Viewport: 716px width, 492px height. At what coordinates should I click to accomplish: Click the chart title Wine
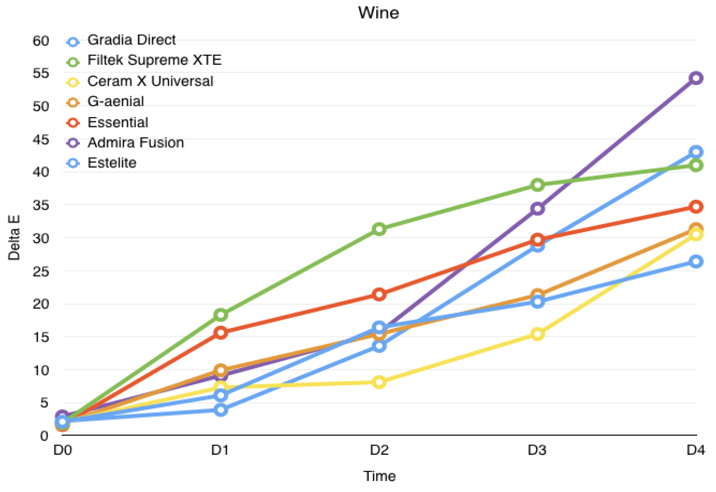point(378,13)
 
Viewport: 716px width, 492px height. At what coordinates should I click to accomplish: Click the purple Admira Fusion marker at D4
point(695,78)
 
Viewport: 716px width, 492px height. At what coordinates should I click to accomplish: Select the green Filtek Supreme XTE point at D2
point(379,229)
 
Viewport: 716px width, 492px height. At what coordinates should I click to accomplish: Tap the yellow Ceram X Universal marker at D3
point(537,334)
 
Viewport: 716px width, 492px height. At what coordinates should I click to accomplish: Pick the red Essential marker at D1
point(221,333)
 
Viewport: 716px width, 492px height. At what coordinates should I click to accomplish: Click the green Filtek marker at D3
point(537,185)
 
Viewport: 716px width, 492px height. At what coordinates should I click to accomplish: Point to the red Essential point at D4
point(695,207)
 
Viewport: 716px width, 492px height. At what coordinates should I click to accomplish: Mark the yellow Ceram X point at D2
point(379,382)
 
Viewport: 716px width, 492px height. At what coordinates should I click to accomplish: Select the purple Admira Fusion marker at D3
point(537,209)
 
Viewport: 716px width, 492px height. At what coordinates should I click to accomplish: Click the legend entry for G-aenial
point(115,102)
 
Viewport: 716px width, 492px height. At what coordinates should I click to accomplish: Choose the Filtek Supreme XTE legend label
point(154,60)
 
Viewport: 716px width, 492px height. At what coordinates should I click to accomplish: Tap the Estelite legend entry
point(112,163)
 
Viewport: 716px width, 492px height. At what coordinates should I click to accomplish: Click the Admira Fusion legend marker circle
point(73,143)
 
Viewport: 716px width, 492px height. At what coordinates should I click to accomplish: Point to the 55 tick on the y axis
point(41,73)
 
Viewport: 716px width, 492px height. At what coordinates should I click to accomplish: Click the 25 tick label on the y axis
point(41,271)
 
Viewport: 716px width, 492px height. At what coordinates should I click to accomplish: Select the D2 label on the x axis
point(379,450)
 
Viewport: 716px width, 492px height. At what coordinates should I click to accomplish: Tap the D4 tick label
point(695,450)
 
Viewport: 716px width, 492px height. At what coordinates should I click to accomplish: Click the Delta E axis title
point(14,237)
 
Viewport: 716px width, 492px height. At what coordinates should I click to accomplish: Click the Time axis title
point(379,476)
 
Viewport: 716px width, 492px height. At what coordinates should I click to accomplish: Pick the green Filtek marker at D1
point(221,315)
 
